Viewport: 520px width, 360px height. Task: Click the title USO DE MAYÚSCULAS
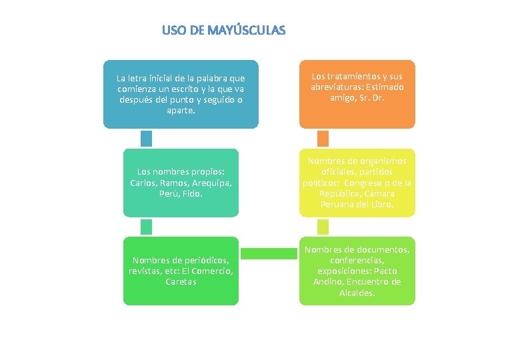click(x=223, y=31)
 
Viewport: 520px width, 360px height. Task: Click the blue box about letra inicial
click(x=181, y=93)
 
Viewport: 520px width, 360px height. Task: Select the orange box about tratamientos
click(x=357, y=93)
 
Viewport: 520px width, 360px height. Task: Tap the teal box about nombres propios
click(x=181, y=182)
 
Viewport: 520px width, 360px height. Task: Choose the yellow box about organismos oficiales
click(x=357, y=182)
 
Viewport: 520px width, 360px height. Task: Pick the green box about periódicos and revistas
click(x=181, y=271)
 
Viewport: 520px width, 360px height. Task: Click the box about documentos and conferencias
click(x=357, y=271)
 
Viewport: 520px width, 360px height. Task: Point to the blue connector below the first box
click(x=146, y=138)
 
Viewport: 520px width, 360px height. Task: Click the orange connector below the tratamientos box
click(x=323, y=138)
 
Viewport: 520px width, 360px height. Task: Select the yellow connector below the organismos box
click(x=323, y=227)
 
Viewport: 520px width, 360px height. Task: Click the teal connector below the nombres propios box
click(x=146, y=227)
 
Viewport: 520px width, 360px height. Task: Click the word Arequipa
click(x=211, y=183)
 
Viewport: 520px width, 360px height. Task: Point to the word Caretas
click(x=181, y=282)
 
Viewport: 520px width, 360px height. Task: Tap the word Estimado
click(x=385, y=87)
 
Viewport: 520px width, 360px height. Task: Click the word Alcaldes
click(x=357, y=293)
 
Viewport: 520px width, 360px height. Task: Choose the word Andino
click(x=327, y=282)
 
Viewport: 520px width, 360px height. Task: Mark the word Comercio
click(x=212, y=271)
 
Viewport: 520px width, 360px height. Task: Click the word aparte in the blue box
click(x=181, y=109)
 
